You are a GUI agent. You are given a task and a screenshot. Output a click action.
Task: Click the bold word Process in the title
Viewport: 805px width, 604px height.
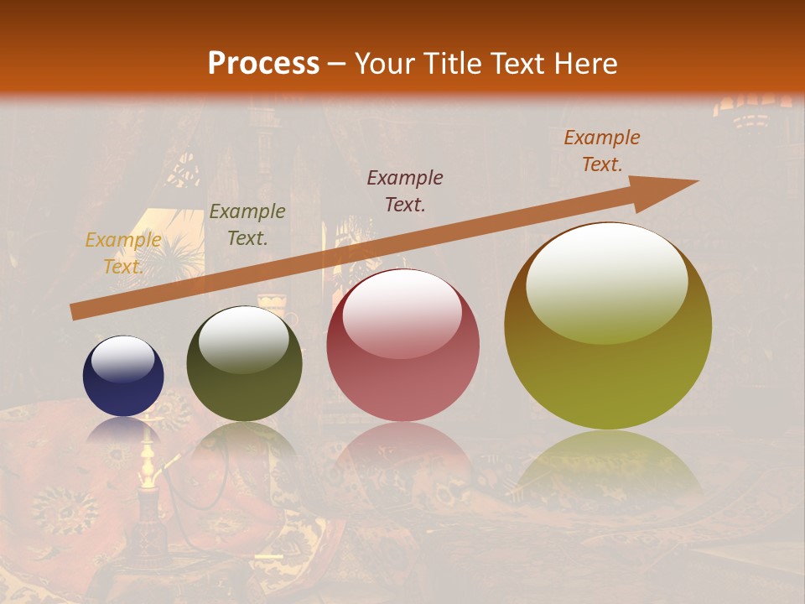263,64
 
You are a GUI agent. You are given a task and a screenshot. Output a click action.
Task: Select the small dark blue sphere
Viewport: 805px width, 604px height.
123,377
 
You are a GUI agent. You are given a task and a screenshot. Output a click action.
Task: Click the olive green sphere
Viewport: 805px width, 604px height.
244,363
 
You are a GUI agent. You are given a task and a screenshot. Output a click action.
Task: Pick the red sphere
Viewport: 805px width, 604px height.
402,345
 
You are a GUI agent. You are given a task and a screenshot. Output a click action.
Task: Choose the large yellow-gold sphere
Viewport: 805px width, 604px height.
607,325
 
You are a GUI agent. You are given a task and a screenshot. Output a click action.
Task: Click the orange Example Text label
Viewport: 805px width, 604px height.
601,151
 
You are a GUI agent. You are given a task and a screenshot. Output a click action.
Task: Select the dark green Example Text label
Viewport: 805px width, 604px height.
247,225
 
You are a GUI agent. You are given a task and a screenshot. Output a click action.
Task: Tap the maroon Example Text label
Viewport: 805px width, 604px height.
405,190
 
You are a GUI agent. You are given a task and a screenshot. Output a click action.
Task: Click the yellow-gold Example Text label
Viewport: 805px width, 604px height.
123,253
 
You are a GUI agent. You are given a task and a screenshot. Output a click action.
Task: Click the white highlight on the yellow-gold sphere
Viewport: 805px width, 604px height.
606,281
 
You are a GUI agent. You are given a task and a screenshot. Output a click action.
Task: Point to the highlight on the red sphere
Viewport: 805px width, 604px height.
402,312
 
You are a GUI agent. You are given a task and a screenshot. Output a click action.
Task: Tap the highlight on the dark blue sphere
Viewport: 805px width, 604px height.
122,359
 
